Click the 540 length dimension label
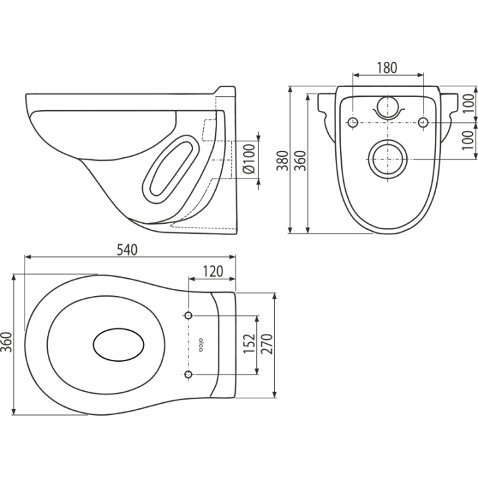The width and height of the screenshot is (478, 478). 127,250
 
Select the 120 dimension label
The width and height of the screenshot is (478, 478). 212,272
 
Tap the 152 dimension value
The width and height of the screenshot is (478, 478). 249,344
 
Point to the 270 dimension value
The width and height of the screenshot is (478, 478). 267,344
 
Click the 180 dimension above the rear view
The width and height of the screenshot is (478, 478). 387,68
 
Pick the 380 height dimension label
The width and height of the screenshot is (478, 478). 282,161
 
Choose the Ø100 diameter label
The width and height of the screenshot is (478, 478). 250,159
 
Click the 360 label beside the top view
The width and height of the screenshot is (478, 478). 7,342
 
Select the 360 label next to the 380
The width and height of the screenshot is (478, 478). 301,161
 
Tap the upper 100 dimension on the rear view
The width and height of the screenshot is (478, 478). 469,104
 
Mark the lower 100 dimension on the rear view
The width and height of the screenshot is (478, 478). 469,140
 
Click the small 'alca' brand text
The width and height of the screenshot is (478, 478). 200,345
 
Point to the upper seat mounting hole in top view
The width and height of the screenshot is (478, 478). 189,315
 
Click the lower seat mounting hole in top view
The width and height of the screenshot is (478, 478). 189,374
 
